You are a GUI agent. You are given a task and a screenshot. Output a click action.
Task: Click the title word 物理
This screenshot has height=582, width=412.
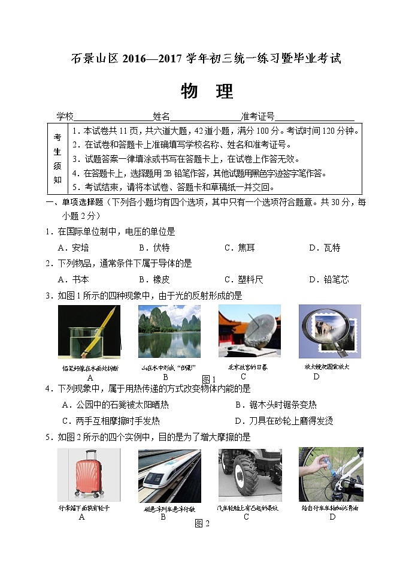[x=207, y=92]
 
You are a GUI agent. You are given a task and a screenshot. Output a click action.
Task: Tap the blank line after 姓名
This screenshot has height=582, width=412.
[x=205, y=117]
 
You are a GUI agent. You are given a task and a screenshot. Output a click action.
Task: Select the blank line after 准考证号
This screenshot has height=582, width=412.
[x=314, y=117]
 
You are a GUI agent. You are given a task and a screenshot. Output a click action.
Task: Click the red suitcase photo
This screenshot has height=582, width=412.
[x=87, y=475]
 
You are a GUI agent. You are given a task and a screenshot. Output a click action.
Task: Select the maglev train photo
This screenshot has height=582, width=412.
[x=169, y=475]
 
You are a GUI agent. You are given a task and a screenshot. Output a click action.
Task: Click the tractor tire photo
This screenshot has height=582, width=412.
[x=249, y=475]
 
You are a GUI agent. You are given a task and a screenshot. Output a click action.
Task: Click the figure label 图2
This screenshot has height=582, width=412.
[x=202, y=524]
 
